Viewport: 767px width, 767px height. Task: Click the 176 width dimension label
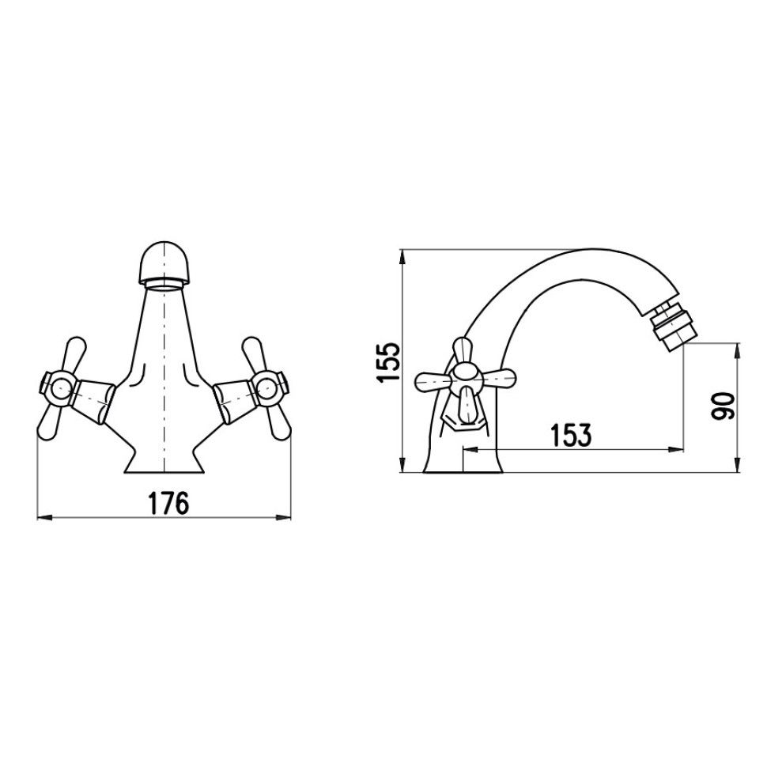click(168, 504)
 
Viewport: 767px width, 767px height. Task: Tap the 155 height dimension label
click(389, 362)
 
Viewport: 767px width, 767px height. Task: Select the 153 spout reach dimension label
click(571, 435)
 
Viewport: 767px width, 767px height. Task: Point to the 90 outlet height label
click(724, 405)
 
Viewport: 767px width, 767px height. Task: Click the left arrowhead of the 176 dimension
click(44, 517)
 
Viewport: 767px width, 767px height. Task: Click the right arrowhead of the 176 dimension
click(284, 517)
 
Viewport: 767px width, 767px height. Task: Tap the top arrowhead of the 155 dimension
click(402, 257)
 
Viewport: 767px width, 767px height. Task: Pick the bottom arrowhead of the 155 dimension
click(402, 465)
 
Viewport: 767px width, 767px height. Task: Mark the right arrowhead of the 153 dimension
click(676, 449)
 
